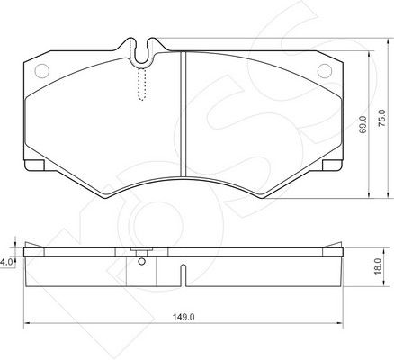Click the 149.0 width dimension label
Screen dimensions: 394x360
click(x=184, y=317)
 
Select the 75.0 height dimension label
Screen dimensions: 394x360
click(x=381, y=118)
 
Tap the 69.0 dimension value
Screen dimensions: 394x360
click(x=363, y=124)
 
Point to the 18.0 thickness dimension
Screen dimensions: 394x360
click(x=378, y=266)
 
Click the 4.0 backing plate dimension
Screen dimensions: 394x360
click(x=6, y=262)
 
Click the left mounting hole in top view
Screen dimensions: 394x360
click(x=41, y=71)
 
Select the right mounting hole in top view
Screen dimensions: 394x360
click(x=325, y=71)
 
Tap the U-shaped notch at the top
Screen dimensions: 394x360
click(x=142, y=53)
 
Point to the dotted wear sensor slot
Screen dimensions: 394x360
click(x=141, y=85)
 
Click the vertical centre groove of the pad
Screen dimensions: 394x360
click(x=184, y=114)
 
